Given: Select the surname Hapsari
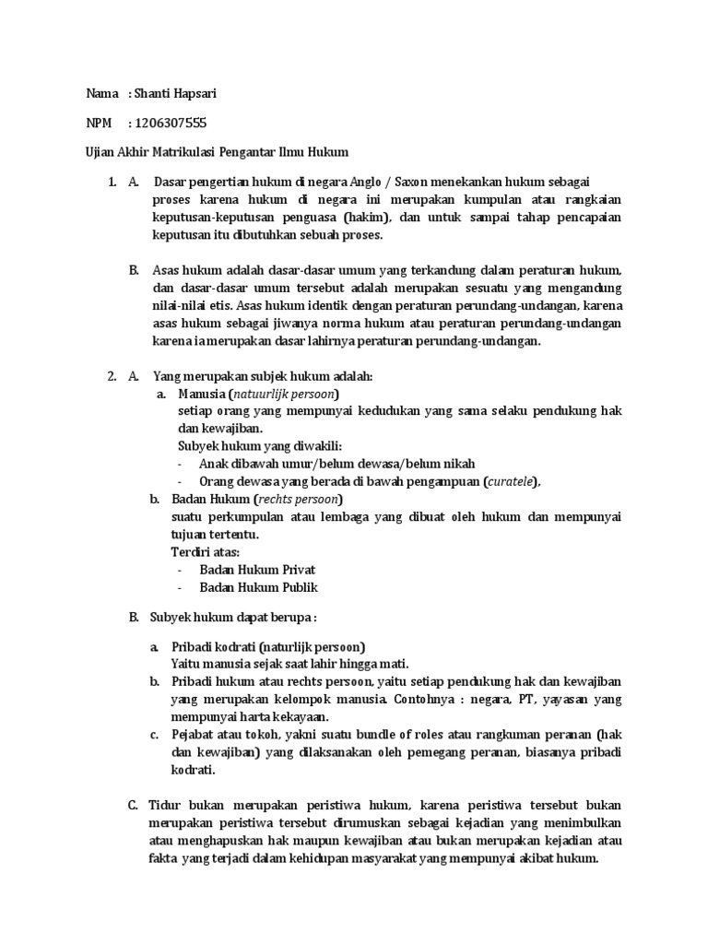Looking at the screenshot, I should (x=201, y=93).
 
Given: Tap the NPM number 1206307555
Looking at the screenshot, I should (x=171, y=122).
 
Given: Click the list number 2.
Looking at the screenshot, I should (x=111, y=376).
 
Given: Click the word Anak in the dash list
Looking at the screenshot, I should (x=213, y=464).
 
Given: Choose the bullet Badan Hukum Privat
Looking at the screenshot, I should (x=257, y=570).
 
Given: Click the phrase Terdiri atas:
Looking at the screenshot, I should (x=205, y=552).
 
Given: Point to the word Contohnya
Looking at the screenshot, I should (x=423, y=699).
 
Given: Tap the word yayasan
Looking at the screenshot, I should (x=561, y=699).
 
